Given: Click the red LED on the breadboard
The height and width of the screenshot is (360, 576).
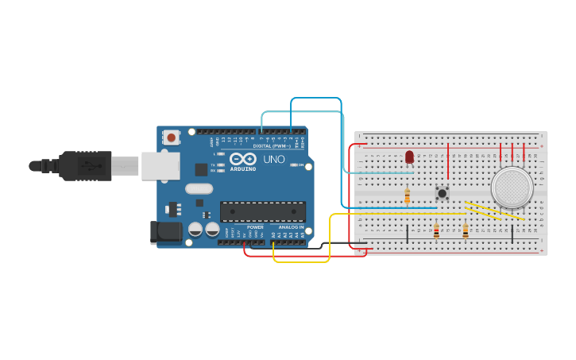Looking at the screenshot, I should pos(409,157).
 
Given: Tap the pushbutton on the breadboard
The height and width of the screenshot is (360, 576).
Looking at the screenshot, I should pos(443,192).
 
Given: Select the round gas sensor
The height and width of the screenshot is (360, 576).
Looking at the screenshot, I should pos(512,188).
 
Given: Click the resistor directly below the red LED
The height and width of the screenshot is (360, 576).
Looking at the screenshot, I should pos(408,195).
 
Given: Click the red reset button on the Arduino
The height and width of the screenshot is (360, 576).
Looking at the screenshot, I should pos(172,137).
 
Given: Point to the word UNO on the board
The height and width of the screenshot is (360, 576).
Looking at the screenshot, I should pos(274,159).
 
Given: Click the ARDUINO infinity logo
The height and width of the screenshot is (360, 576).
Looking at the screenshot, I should pos(243,160).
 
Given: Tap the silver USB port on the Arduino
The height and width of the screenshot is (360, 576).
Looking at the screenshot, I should pos(160,165).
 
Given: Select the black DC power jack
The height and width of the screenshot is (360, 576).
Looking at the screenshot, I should pos(165,231).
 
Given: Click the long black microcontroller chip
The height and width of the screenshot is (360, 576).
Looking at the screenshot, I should pos(263,211).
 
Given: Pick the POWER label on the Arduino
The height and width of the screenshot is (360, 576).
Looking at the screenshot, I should pos(256,227).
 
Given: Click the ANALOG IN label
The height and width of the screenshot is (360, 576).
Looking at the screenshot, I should pos(290,227).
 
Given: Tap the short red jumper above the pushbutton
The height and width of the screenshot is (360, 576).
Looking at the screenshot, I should pos(449,161).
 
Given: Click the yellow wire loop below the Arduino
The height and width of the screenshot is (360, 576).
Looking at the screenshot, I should pos(302,261).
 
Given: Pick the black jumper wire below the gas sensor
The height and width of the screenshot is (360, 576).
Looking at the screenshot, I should pos(512,234).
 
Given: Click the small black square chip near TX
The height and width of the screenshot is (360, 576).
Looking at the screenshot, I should pos(202,169).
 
